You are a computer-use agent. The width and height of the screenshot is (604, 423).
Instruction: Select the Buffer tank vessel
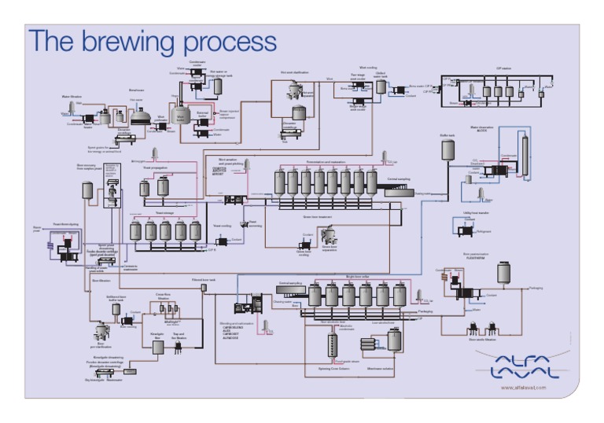[447, 150]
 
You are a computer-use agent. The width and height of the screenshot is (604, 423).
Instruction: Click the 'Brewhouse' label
[137, 90]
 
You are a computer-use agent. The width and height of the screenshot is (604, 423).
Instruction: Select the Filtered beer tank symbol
[204, 288]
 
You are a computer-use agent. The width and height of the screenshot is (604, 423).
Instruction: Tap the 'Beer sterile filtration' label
[482, 340]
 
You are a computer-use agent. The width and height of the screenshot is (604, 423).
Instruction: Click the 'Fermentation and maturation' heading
[326, 161]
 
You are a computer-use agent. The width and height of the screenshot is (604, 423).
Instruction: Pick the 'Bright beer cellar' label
[359, 277]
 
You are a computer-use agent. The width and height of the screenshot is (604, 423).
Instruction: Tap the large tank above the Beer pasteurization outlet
[503, 272]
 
